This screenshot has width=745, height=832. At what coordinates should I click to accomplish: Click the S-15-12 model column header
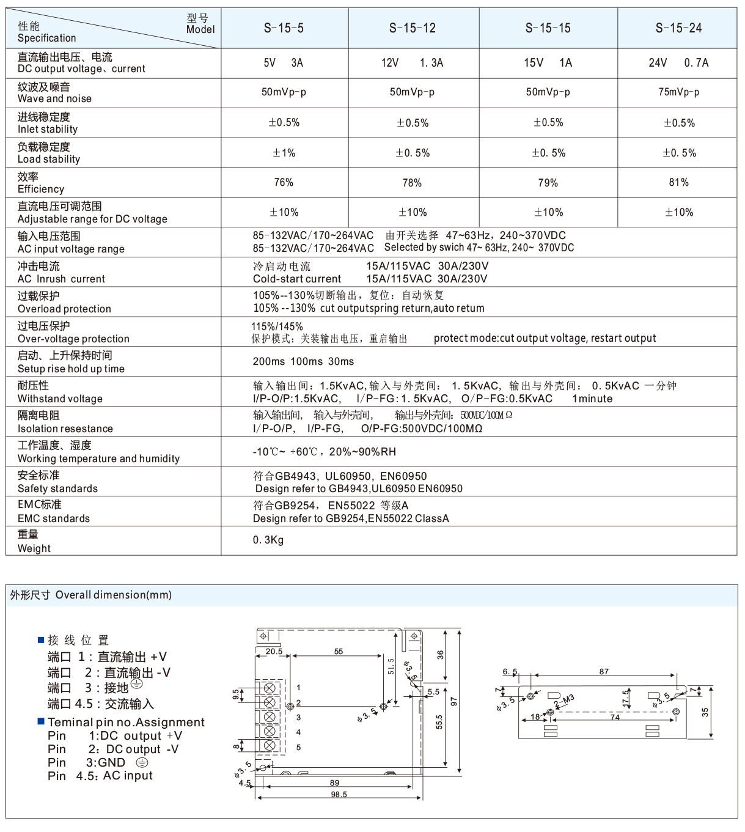click(413, 28)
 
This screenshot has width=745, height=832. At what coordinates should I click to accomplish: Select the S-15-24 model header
click(678, 28)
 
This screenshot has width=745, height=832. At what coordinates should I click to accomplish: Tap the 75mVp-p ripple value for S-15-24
click(678, 92)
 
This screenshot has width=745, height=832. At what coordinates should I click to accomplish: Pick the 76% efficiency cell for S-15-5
click(284, 182)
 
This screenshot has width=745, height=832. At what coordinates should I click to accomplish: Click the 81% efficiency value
click(678, 182)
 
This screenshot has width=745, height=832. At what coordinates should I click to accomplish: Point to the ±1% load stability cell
click(284, 153)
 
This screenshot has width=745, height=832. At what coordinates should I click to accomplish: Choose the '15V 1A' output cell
click(548, 63)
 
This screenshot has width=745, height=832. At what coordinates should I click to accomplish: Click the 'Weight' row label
click(34, 548)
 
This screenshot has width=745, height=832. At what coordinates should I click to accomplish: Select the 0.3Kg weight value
click(268, 540)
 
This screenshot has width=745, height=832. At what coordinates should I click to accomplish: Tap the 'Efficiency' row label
click(41, 189)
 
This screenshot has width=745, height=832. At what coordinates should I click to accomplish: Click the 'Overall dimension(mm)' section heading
click(114, 595)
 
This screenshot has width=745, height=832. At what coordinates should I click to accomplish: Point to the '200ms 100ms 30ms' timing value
click(303, 361)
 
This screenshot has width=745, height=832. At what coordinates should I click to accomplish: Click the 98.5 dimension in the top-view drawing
click(339, 795)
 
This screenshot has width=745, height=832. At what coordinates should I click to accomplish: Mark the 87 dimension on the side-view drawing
click(604, 672)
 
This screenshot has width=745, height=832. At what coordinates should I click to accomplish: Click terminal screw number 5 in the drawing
click(269, 745)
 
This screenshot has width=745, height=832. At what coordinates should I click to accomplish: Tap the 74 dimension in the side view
click(615, 716)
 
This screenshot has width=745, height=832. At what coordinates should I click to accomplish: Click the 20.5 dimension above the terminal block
click(274, 652)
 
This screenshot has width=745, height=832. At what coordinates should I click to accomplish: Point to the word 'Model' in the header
click(200, 29)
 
